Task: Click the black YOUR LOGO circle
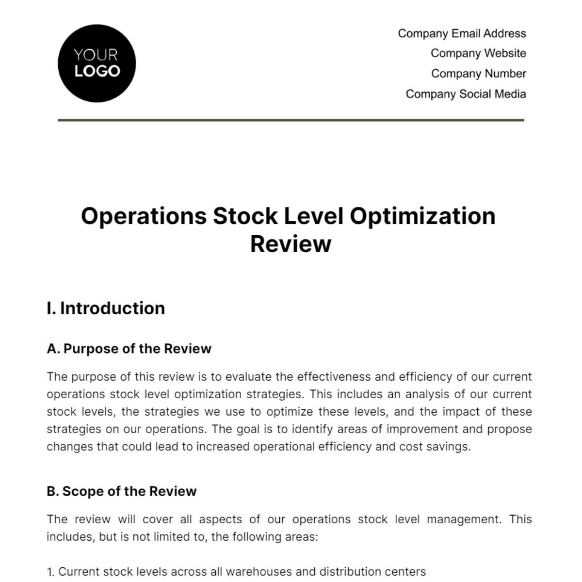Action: [97, 64]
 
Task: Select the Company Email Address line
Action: [462, 33]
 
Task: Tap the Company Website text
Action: [478, 53]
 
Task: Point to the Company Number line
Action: [478, 74]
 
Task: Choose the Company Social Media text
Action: [466, 94]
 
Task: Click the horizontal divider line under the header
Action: [291, 120]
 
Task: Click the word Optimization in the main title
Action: [422, 216]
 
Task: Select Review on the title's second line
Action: [291, 244]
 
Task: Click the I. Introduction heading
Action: [106, 308]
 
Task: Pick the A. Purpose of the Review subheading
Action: [129, 349]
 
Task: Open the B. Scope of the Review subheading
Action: [122, 491]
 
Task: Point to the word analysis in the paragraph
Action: [427, 394]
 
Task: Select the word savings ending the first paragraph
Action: [450, 447]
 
